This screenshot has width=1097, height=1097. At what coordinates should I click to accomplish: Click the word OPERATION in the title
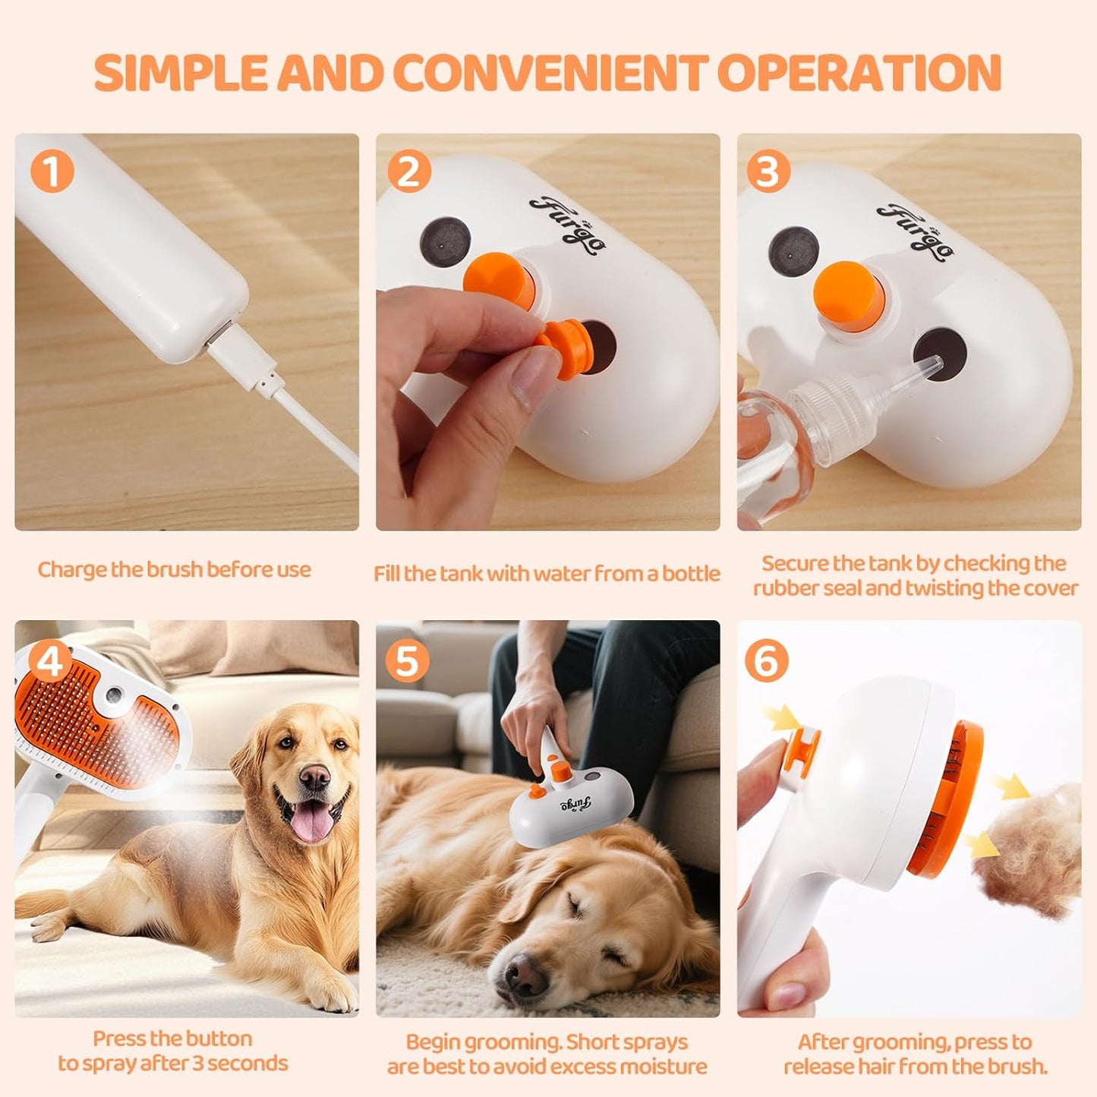tap(859, 73)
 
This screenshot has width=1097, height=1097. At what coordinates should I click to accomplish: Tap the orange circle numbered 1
tap(52, 172)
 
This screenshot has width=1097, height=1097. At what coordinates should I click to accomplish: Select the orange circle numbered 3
tap(768, 172)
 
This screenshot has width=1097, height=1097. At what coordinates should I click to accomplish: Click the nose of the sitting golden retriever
tap(314, 776)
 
